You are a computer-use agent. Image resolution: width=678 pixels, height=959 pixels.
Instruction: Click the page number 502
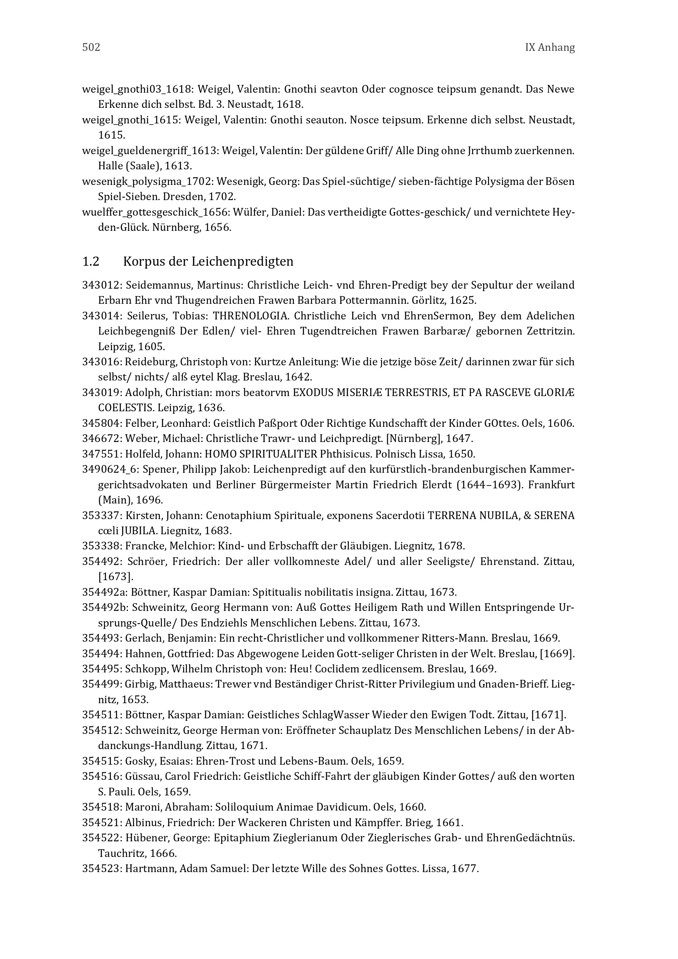[x=91, y=48]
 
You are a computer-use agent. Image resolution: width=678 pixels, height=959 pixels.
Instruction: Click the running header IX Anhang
[x=549, y=48]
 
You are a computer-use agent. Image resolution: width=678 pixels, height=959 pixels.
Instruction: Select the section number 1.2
[x=91, y=262]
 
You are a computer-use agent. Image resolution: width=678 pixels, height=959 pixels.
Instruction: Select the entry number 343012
[x=101, y=285]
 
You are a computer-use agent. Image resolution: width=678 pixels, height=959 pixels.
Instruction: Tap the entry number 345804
[x=101, y=423]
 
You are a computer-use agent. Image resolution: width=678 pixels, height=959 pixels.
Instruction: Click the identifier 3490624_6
[x=109, y=469]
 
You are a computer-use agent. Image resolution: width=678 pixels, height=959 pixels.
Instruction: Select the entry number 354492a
[x=104, y=592]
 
